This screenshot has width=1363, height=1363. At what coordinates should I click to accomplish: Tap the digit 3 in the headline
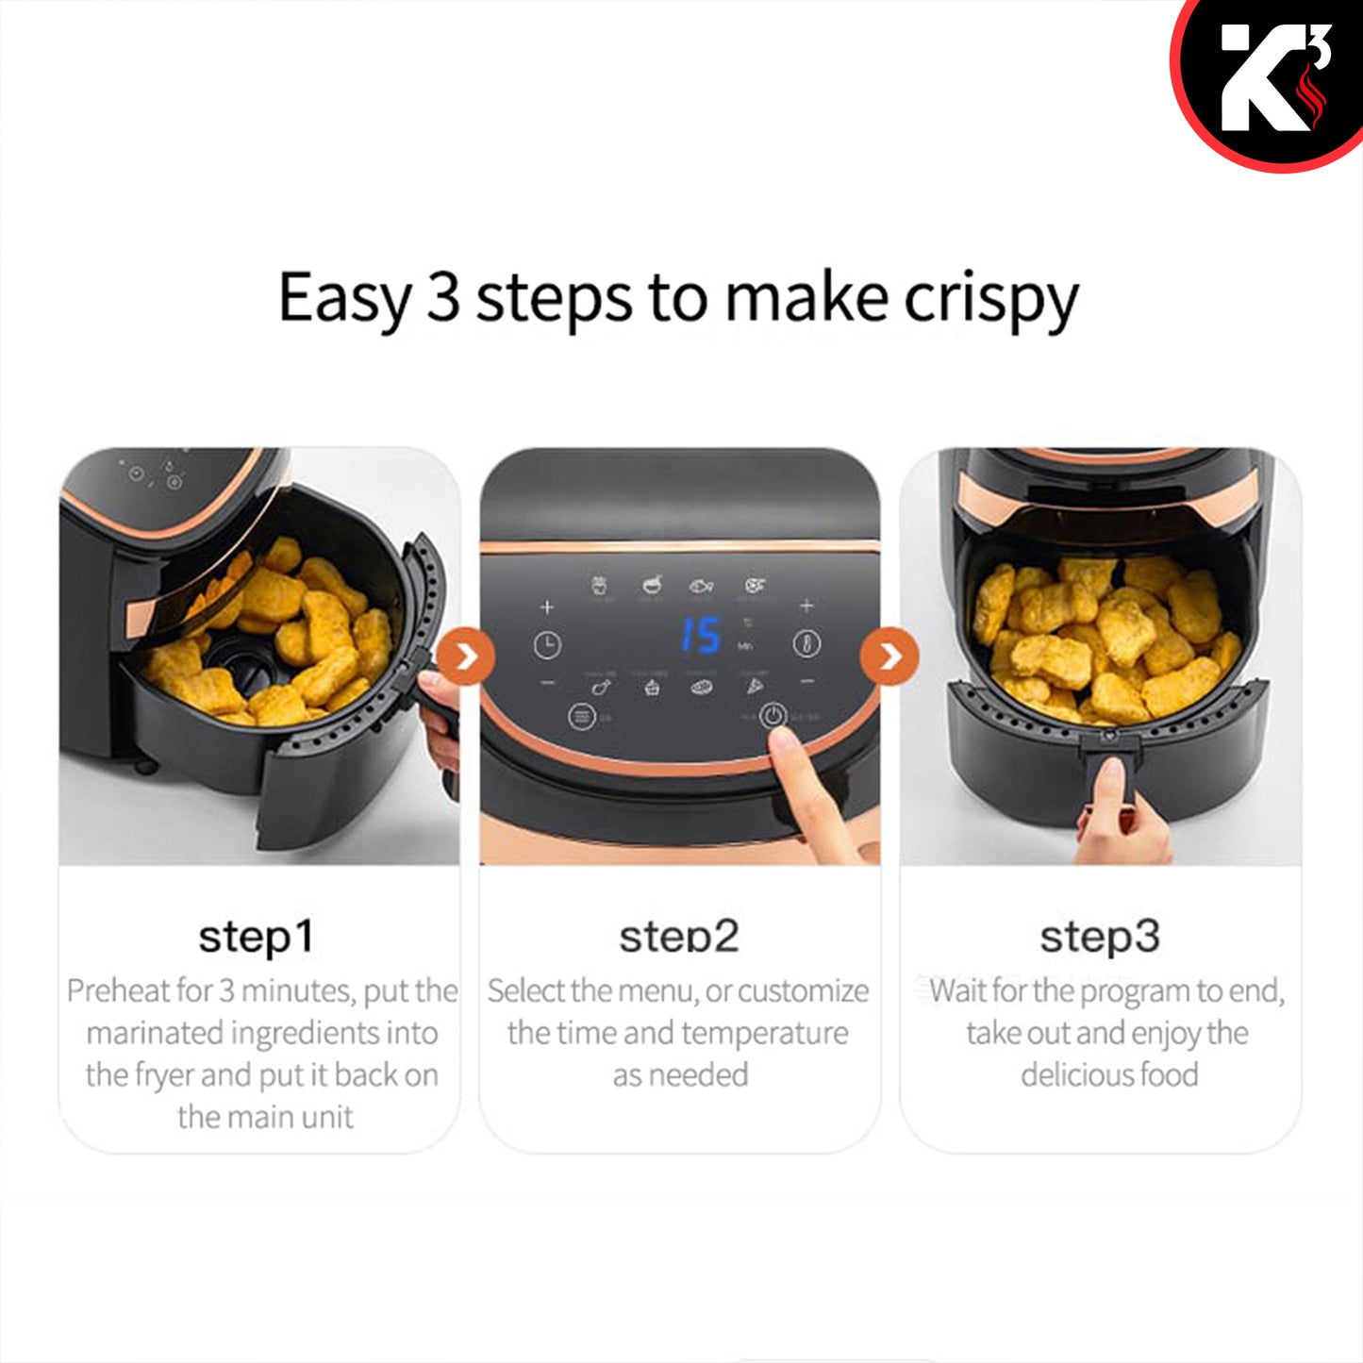(443, 296)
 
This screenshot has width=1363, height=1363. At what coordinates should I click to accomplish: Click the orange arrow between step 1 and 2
(466, 657)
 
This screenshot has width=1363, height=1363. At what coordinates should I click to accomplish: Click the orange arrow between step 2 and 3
(889, 657)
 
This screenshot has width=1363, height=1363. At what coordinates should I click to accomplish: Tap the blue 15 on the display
(700, 635)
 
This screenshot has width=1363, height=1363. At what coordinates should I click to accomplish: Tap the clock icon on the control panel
(547, 644)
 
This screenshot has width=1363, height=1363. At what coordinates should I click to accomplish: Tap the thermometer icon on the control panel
(806, 643)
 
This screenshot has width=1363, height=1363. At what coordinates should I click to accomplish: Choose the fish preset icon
(701, 586)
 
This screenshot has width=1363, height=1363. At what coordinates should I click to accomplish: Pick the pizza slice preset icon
(755, 686)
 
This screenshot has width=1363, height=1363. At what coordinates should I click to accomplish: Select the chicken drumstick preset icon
(601, 686)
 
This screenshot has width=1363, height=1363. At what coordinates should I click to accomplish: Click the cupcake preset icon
(652, 686)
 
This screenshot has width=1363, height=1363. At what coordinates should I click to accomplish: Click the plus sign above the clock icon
(547, 607)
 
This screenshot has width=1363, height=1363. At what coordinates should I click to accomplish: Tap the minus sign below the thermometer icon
(807, 681)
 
